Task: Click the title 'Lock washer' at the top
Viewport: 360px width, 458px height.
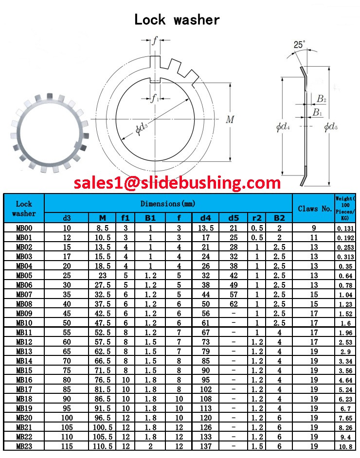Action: coord(177,20)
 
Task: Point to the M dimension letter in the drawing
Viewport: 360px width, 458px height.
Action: coord(230,120)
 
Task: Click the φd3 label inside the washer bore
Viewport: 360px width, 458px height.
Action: coord(142,129)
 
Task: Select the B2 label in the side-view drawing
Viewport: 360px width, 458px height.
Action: coord(322,99)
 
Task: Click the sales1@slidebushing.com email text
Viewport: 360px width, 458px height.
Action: coord(177,183)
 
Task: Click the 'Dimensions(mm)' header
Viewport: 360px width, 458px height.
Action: coord(168,204)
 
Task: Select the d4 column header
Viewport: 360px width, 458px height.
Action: coord(205,218)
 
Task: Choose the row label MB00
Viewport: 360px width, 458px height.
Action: coord(24,228)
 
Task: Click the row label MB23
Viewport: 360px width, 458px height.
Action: coord(24,446)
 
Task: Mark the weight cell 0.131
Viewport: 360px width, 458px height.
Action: coord(345,228)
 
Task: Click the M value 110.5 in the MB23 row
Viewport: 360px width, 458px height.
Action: coord(102,446)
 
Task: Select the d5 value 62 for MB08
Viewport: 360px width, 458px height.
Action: coord(234,304)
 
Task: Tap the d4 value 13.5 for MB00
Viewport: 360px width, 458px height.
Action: coord(205,228)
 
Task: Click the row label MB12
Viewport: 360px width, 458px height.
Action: coord(24,342)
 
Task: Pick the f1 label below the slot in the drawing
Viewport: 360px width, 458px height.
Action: coord(155,99)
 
